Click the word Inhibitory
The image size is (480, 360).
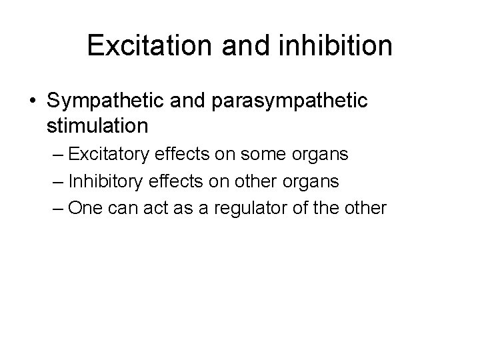(107, 181)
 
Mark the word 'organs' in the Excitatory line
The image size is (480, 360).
(322, 155)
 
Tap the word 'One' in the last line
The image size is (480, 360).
(84, 208)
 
